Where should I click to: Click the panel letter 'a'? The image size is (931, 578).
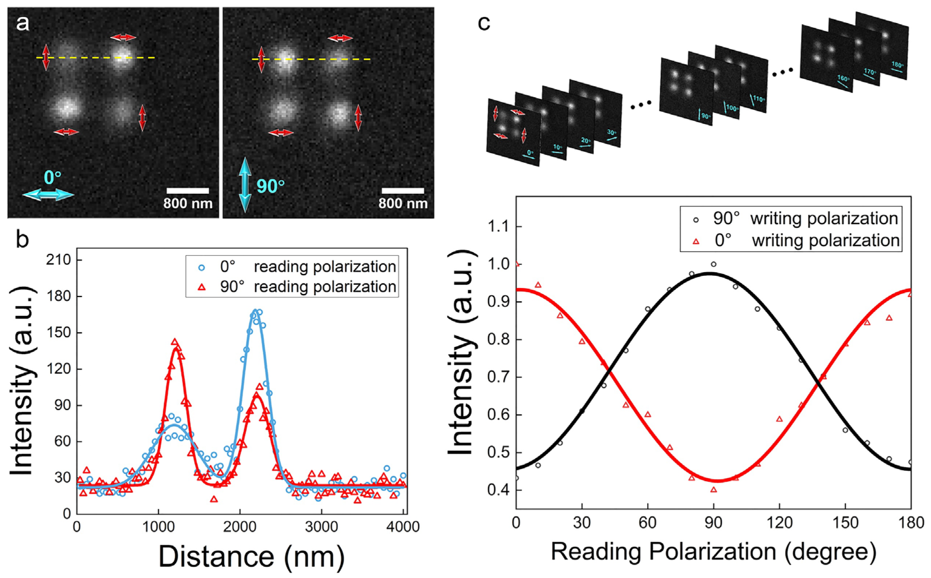pyautogui.click(x=22, y=24)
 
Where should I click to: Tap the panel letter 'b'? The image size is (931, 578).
pyautogui.click(x=22, y=239)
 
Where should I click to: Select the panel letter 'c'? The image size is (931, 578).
pyautogui.click(x=484, y=24)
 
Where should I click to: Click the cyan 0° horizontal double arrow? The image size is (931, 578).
pyautogui.click(x=48, y=195)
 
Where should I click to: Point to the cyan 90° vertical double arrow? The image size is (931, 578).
pyautogui.click(x=245, y=185)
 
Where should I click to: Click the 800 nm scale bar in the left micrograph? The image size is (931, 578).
pyautogui.click(x=188, y=190)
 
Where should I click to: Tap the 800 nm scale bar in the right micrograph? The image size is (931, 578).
pyautogui.click(x=403, y=190)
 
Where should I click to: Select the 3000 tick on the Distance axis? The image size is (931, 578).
pyautogui.click(x=321, y=527)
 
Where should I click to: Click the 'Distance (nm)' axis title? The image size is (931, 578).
pyautogui.click(x=251, y=556)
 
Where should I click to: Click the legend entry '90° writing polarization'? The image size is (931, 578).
pyautogui.click(x=791, y=219)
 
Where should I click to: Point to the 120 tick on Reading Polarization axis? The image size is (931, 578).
pyautogui.click(x=779, y=523)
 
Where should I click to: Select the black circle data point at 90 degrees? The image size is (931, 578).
pyautogui.click(x=713, y=264)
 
